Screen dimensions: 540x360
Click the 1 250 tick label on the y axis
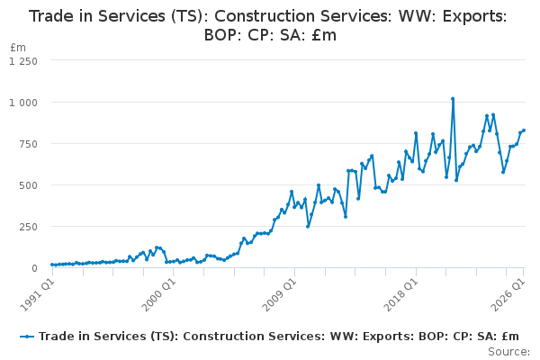23,61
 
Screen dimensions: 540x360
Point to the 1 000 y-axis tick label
23,103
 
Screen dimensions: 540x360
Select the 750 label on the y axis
28,144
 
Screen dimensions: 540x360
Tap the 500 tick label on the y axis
28,185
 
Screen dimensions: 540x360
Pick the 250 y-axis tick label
28,227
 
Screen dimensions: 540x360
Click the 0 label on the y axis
34,268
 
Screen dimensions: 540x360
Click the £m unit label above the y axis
18,47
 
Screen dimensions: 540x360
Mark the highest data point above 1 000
453,99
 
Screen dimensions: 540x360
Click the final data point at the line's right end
524,130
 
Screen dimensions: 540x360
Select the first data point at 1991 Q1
52,265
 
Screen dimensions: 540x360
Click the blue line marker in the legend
27,337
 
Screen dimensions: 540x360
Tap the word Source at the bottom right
508,352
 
